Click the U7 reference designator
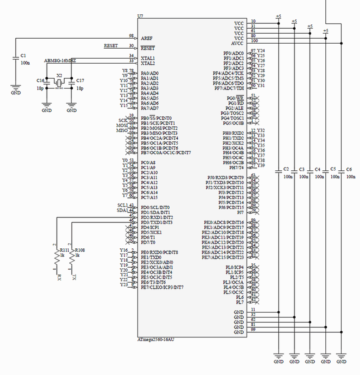140,16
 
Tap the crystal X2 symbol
59,82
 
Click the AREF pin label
147,38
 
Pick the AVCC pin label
237,43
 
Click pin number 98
131,36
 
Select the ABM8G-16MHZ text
60,61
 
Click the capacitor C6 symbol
341,171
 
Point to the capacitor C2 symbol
279,171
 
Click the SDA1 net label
122,210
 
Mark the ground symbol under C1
16,91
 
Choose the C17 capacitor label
80,80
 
